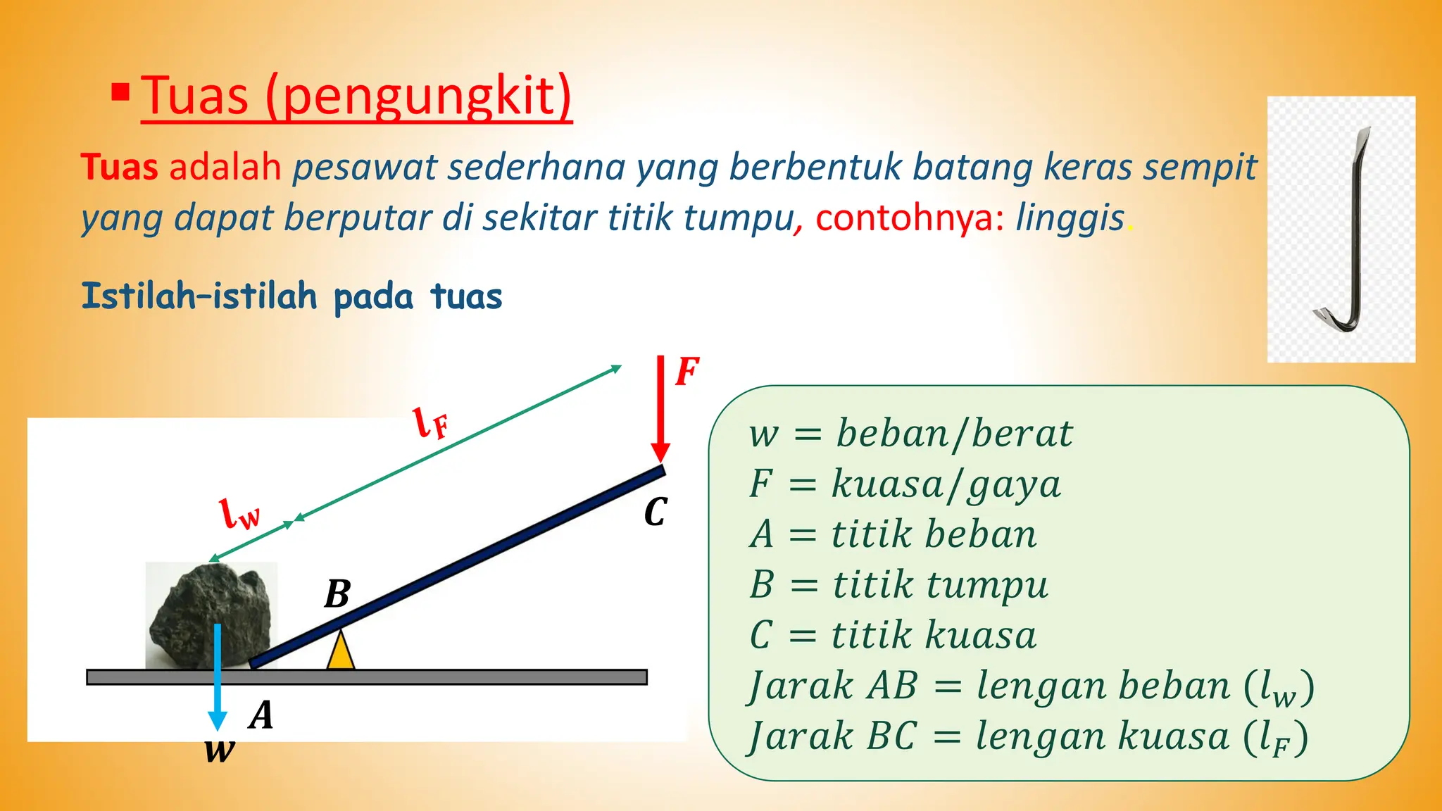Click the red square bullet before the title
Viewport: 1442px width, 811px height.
[x=120, y=92]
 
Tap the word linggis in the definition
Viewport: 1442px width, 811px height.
[x=1070, y=218]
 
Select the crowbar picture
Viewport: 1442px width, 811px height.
[x=1341, y=230]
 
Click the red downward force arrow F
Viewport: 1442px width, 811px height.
[x=660, y=408]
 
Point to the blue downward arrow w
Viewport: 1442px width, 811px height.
[x=218, y=676]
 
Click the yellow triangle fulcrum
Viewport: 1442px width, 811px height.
[x=341, y=651]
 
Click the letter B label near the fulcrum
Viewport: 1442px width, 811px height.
[x=337, y=594]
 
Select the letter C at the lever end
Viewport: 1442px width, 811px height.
[x=655, y=513]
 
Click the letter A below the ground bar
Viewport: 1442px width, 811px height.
[x=261, y=715]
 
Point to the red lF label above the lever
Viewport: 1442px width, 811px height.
[x=430, y=423]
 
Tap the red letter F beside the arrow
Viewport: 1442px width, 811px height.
[x=687, y=372]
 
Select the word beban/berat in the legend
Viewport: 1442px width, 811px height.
[x=954, y=433]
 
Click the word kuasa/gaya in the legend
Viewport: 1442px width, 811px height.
[x=946, y=485]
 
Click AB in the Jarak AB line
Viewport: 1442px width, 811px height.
[x=892, y=686]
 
